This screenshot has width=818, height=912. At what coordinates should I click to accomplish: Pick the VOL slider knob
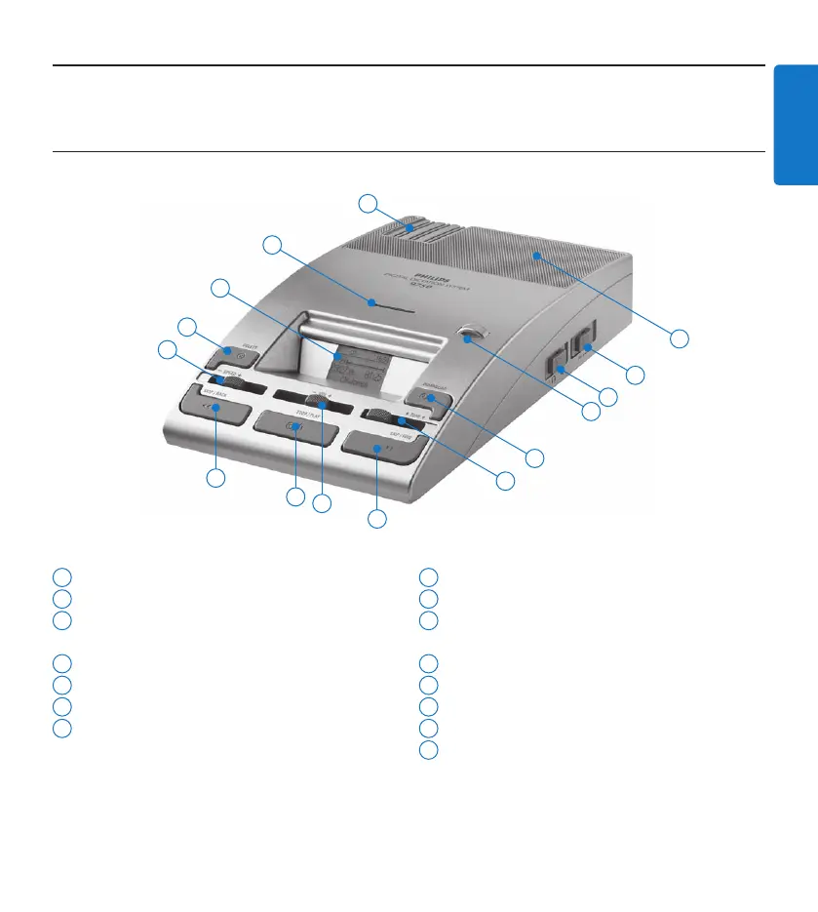(x=318, y=398)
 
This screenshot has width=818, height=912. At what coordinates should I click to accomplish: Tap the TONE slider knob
(x=397, y=419)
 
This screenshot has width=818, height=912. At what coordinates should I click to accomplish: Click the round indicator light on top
(x=472, y=336)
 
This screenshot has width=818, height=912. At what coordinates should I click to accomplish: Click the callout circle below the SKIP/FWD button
(x=376, y=519)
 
